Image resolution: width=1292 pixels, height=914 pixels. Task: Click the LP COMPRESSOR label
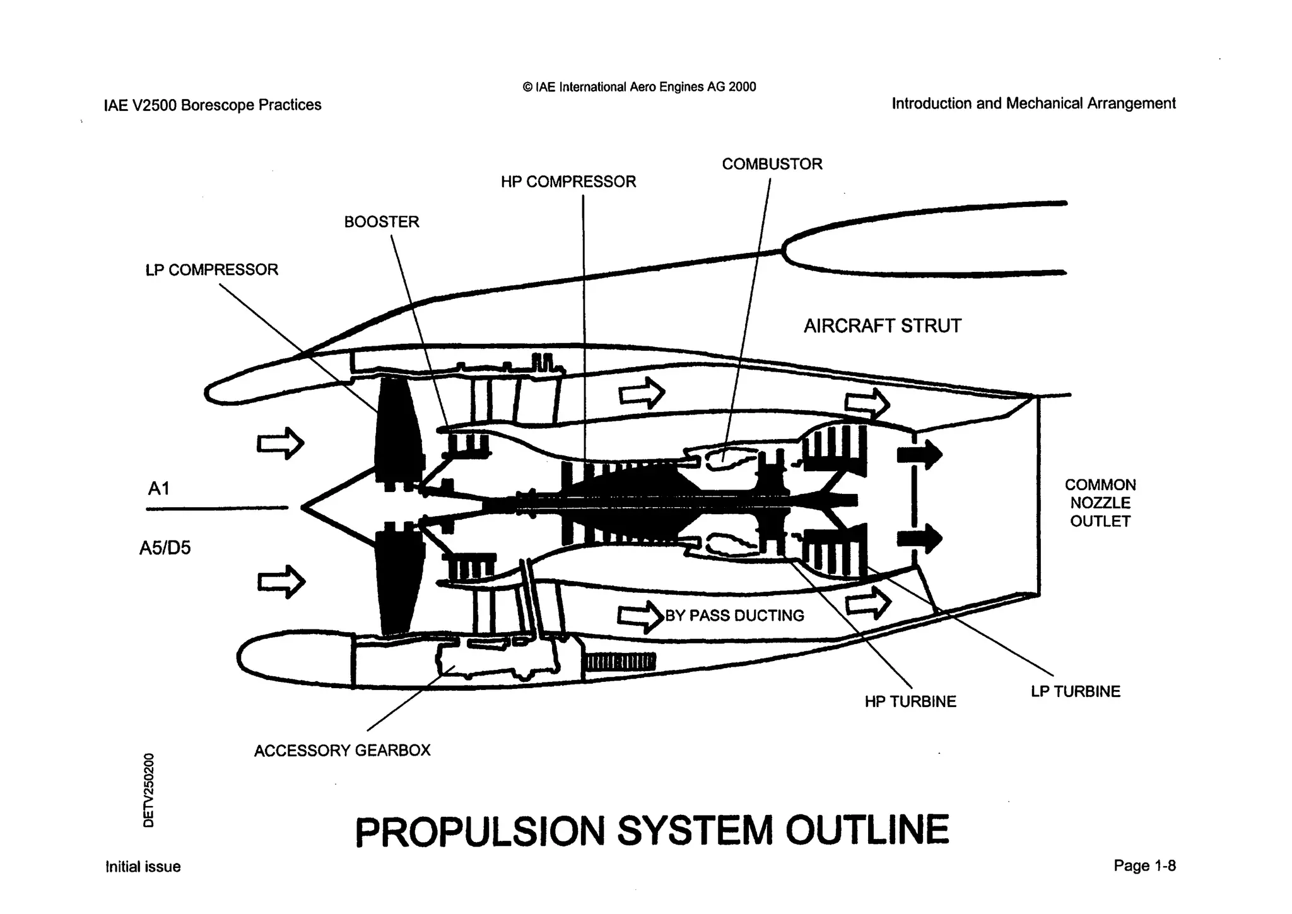(211, 270)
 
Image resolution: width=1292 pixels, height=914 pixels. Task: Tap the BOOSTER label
(381, 222)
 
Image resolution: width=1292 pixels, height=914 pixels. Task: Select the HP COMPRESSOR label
(568, 182)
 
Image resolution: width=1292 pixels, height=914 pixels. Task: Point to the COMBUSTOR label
(772, 164)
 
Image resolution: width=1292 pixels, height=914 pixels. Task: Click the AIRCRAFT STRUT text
(882, 326)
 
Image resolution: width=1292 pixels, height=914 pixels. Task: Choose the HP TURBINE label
(910, 701)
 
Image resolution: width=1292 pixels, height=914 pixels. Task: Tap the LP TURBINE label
(1075, 691)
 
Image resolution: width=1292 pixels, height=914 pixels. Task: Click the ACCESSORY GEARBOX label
(342, 751)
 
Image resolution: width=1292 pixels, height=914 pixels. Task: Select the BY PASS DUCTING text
(734, 616)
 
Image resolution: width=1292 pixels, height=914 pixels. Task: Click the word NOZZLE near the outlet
(1100, 503)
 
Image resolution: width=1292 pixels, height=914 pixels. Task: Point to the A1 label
(158, 489)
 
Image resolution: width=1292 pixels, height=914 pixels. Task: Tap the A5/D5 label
(165, 548)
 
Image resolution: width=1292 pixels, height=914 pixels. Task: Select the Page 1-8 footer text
(1144, 865)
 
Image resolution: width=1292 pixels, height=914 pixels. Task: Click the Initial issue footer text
(143, 867)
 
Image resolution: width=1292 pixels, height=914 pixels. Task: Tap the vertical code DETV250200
(149, 790)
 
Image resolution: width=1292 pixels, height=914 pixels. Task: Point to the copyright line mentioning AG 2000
(639, 87)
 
